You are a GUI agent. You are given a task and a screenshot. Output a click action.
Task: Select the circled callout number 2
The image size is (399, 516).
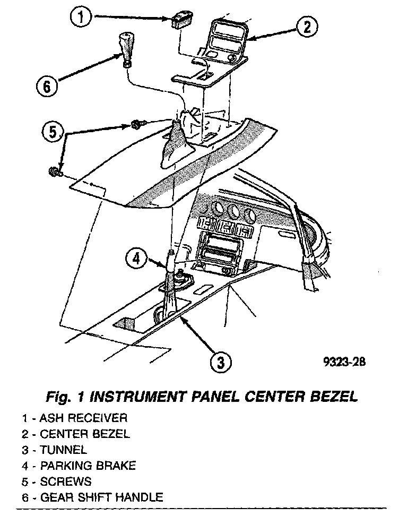307,27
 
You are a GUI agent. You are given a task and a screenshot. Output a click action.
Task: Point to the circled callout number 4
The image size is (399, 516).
136,259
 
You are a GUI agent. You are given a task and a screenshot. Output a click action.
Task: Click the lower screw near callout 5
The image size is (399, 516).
54,171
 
